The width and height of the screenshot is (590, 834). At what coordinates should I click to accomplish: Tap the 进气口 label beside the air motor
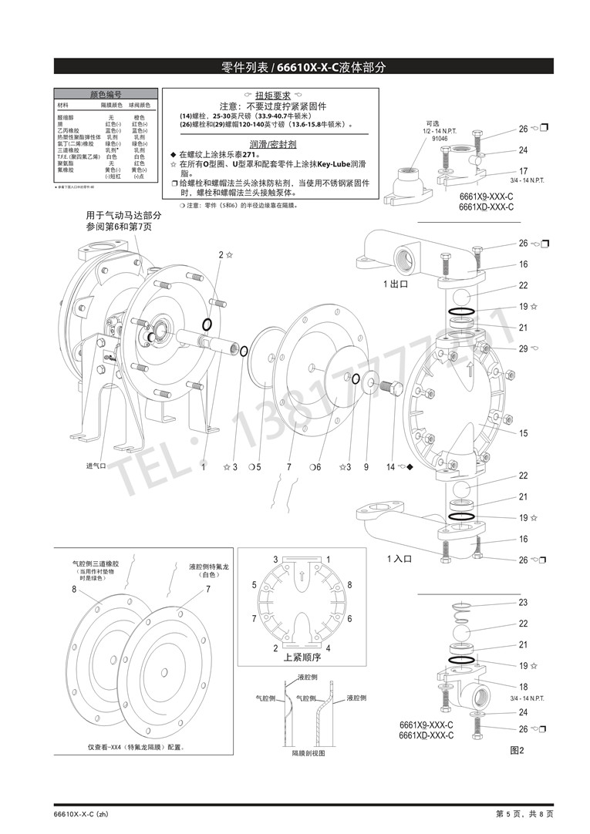point(95,466)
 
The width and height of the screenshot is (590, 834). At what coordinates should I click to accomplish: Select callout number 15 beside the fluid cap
point(523,434)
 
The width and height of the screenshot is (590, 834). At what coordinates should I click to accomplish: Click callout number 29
point(523,349)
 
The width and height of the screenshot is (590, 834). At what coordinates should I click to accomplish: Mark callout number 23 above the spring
point(523,603)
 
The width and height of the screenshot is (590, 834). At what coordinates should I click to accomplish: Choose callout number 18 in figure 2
point(523,687)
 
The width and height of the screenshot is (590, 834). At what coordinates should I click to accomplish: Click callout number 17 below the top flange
point(523,171)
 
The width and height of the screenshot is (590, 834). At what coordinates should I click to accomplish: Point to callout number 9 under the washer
point(366,467)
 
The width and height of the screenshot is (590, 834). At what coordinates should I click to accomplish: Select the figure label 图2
point(516,750)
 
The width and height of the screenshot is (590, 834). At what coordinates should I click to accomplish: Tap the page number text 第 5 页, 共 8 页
point(524,814)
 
